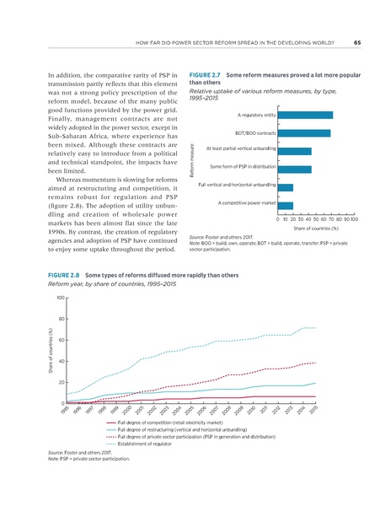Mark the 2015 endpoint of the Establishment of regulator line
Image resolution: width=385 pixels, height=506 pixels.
[x=316, y=327]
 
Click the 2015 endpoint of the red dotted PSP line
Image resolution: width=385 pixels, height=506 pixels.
[x=316, y=363]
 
